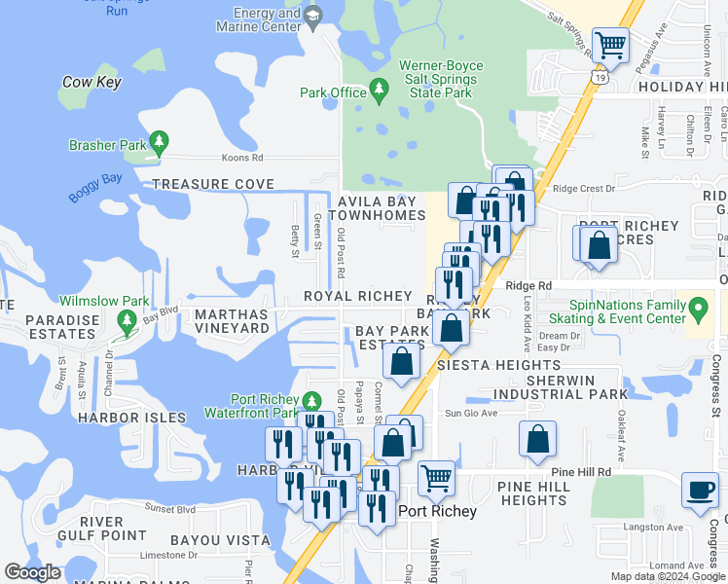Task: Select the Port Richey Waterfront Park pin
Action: [x=311, y=401]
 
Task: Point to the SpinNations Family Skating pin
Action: [x=698, y=311]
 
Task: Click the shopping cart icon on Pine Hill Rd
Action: [x=437, y=479]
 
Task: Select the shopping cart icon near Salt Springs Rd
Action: [x=610, y=45]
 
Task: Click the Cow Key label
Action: [x=91, y=83]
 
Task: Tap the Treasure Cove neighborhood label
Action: [x=213, y=184]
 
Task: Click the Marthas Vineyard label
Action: [x=232, y=321]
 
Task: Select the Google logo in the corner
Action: [x=33, y=572]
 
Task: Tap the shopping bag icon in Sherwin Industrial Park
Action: [x=537, y=440]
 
